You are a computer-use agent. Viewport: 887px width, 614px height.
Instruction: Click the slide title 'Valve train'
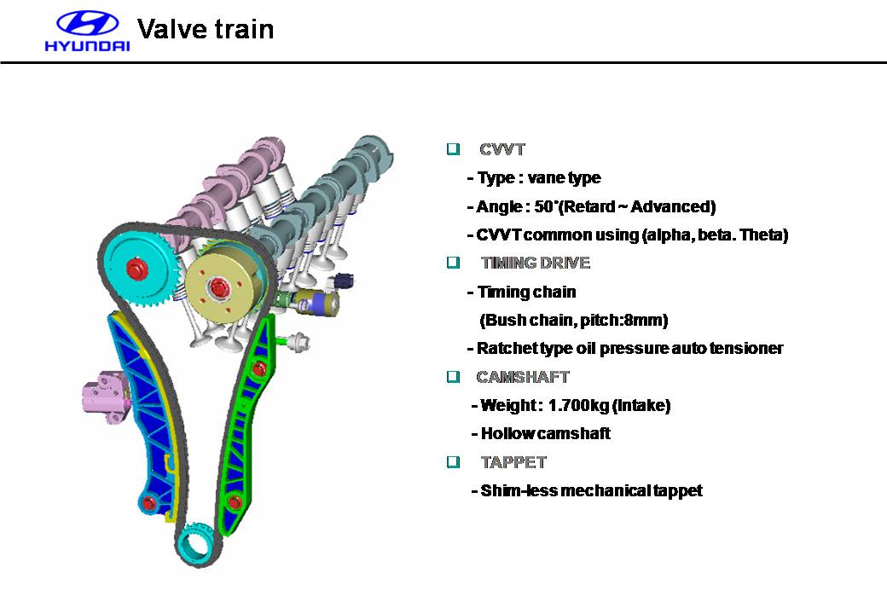pyautogui.click(x=206, y=29)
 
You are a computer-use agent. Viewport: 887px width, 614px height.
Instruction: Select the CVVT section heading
pyautogui.click(x=502, y=150)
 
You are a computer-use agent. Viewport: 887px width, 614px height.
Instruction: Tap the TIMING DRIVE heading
pyautogui.click(x=536, y=263)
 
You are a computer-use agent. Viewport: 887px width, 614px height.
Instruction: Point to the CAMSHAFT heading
pyautogui.click(x=523, y=377)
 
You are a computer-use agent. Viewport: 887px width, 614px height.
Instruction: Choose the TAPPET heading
pyautogui.click(x=513, y=462)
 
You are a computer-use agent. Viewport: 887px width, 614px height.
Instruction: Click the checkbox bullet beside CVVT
pyautogui.click(x=453, y=148)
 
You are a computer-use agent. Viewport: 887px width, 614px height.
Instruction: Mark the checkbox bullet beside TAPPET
pyautogui.click(x=453, y=461)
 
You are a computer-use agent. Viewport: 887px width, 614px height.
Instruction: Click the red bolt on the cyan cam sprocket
pyautogui.click(x=136, y=269)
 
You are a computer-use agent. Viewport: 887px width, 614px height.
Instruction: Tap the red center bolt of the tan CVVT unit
pyautogui.click(x=217, y=288)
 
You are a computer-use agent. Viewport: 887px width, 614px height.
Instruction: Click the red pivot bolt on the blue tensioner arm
pyautogui.click(x=148, y=502)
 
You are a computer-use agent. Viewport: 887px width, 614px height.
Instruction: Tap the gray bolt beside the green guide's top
pyautogui.click(x=299, y=342)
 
